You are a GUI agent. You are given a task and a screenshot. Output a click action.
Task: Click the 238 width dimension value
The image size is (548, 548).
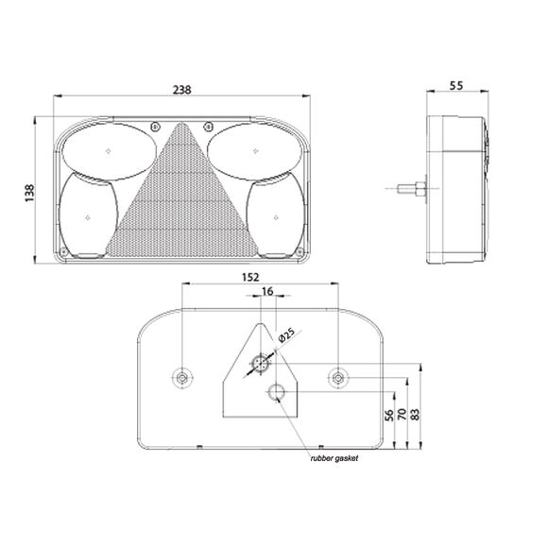pos(182,90)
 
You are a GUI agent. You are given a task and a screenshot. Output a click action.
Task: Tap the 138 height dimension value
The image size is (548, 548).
pos(29,193)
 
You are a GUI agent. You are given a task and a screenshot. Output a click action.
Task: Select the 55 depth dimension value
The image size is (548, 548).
pos(456,86)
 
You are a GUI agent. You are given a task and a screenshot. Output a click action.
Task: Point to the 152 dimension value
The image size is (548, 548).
pos(250,277)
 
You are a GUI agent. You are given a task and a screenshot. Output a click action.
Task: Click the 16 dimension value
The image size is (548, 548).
pos(267,291)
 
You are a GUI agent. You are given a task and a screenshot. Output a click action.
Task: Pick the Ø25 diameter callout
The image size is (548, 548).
pos(286,334)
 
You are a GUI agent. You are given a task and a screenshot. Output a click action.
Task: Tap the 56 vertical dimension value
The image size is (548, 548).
pos(389,415)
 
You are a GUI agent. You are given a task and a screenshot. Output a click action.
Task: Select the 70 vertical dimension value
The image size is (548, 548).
pos(402,414)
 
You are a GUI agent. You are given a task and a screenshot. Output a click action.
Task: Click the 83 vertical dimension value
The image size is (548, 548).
pos(415,414)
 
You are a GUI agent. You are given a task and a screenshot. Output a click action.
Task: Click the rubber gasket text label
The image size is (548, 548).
pos(334,458)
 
